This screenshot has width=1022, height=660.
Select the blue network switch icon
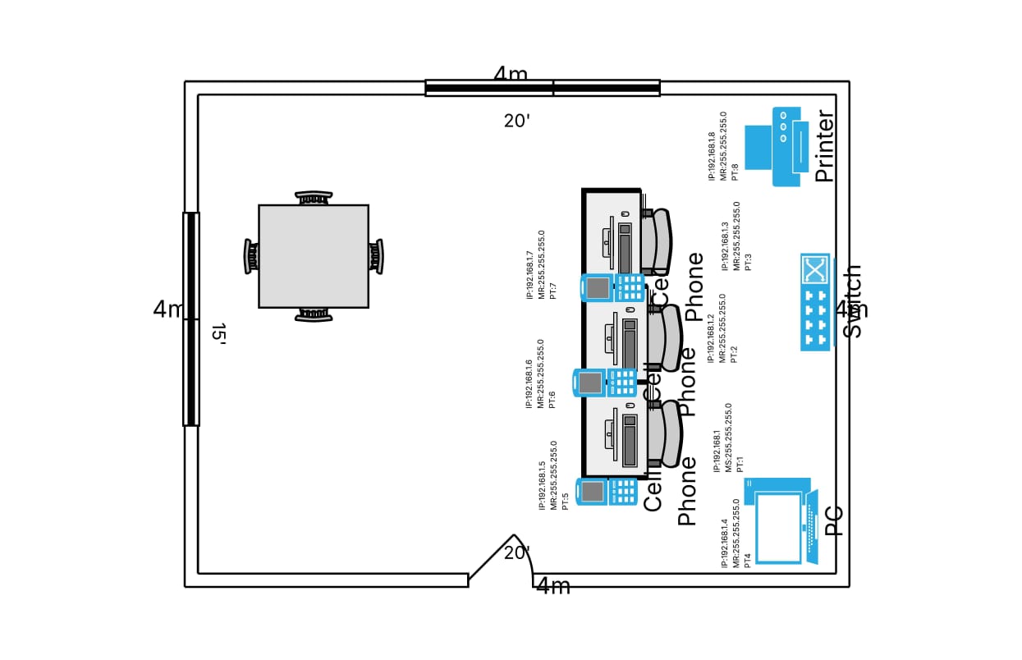(815, 302)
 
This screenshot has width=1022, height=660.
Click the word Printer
(824, 146)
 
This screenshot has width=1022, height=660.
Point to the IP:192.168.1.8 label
(712, 156)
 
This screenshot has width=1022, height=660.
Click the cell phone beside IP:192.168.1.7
(612, 287)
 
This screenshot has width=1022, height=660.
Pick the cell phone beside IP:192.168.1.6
(605, 383)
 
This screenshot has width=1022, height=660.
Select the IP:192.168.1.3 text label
(725, 245)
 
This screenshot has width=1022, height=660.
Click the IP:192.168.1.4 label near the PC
(725, 542)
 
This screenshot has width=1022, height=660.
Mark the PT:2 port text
(734, 354)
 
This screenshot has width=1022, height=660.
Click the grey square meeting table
(314, 256)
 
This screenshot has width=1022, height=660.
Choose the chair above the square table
(314, 198)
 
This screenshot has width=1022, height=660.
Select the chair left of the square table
(250, 256)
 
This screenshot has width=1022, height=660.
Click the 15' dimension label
(218, 333)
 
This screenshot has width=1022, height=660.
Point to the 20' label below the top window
(517, 121)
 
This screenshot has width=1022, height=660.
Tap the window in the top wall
(543, 88)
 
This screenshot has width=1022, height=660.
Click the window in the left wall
(190, 319)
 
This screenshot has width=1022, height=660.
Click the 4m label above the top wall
(511, 75)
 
